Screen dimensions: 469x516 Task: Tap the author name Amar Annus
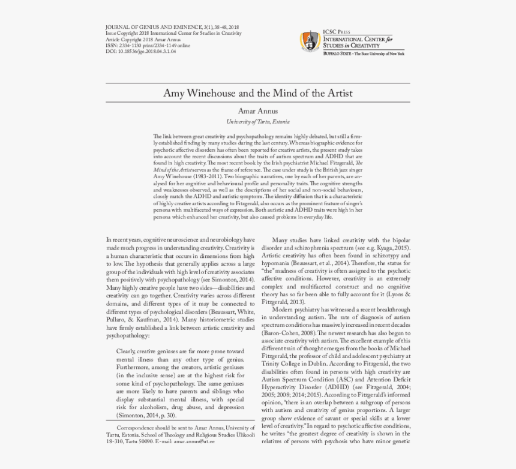257,112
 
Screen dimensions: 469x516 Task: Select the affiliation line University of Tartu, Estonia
257,121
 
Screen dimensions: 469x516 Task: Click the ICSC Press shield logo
310,41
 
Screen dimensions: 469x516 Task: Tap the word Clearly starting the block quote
125,351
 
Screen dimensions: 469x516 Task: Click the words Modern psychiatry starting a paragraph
302,309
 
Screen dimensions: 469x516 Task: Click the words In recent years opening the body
124,240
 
